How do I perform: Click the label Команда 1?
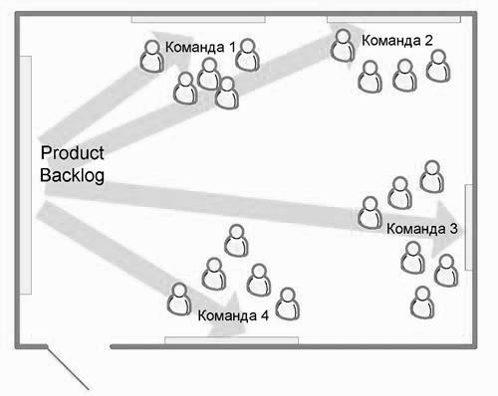click(x=200, y=47)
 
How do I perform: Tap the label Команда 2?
click(x=397, y=41)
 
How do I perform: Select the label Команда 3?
click(x=422, y=229)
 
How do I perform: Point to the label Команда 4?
click(x=233, y=315)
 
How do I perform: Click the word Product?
click(x=73, y=153)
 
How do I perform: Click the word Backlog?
click(x=72, y=175)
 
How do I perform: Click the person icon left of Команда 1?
click(x=152, y=56)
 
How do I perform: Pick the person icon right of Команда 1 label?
click(x=247, y=55)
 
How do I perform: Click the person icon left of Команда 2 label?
click(x=343, y=46)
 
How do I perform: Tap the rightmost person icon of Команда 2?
click(x=438, y=66)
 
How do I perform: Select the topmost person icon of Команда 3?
click(x=432, y=176)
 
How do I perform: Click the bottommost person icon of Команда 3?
click(x=422, y=302)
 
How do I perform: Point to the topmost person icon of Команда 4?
click(x=236, y=241)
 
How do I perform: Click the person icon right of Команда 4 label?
click(x=288, y=303)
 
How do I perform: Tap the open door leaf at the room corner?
click(x=68, y=368)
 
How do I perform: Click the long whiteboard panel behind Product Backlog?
click(x=26, y=175)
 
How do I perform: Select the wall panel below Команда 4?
click(x=231, y=340)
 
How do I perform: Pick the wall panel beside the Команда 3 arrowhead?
click(x=468, y=227)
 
